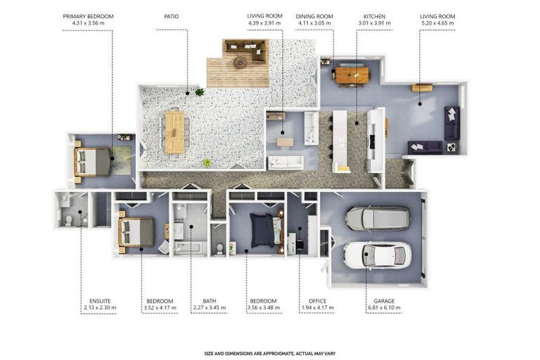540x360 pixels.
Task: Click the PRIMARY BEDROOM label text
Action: point(88,16)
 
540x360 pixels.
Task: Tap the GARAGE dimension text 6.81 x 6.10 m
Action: point(384,307)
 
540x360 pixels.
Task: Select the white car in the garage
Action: point(378,255)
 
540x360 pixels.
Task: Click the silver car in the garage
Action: point(378,219)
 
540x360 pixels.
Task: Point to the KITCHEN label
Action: point(374,16)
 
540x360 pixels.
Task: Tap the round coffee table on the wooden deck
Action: point(240,63)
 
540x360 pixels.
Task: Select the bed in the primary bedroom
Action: point(92,162)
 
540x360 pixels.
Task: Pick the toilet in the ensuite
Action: point(68,220)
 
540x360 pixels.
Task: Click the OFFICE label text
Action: point(317,301)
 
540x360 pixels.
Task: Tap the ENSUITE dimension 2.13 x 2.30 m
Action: point(100,307)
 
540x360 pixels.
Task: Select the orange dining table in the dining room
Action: point(352,75)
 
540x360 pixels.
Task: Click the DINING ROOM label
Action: point(314,16)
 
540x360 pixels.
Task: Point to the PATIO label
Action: point(171,16)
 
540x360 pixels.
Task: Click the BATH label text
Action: point(210,301)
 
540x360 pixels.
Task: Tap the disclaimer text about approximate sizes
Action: point(270,354)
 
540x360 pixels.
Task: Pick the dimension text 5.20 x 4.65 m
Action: point(437,23)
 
